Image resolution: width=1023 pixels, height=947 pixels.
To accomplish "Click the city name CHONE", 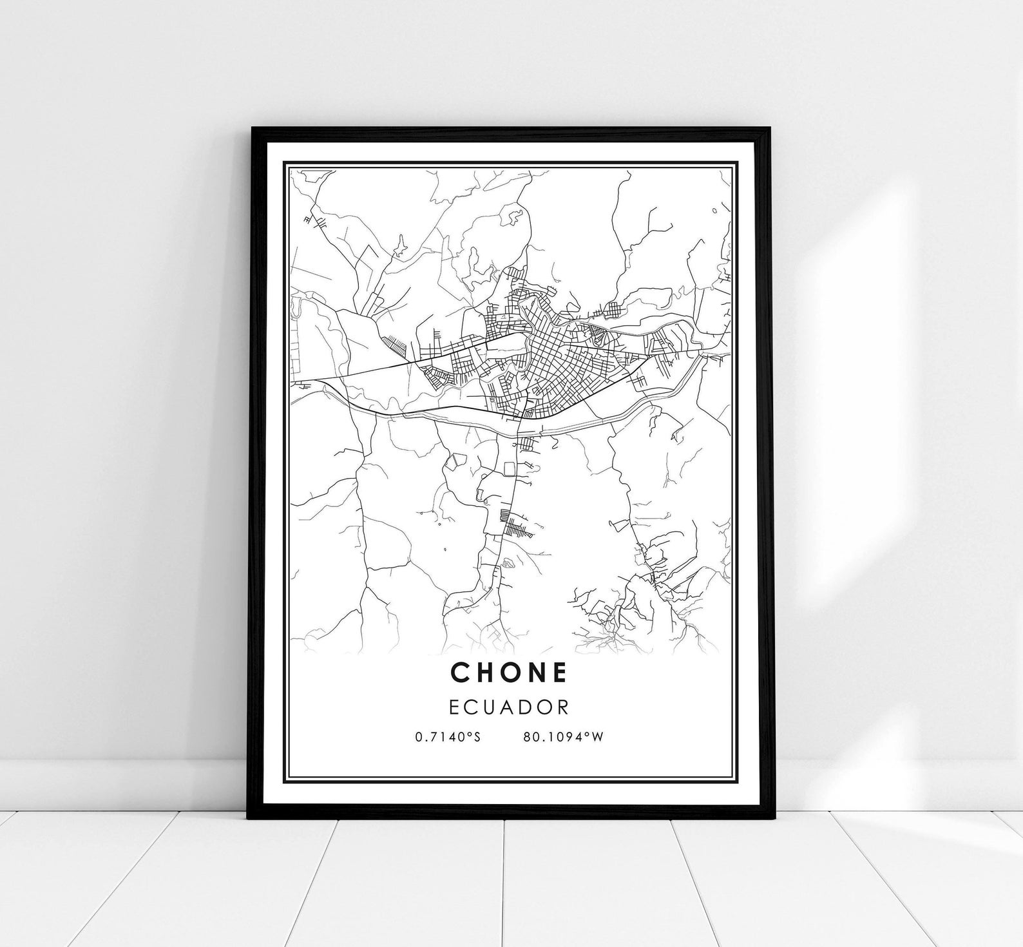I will click(509, 673).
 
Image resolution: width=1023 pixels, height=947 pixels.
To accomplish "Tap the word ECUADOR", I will click(509, 707).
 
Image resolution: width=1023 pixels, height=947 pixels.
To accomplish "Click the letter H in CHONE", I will click(485, 673).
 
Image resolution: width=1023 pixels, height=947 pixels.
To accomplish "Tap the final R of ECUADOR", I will click(563, 707).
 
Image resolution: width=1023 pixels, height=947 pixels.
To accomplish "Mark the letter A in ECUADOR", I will click(506, 707).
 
